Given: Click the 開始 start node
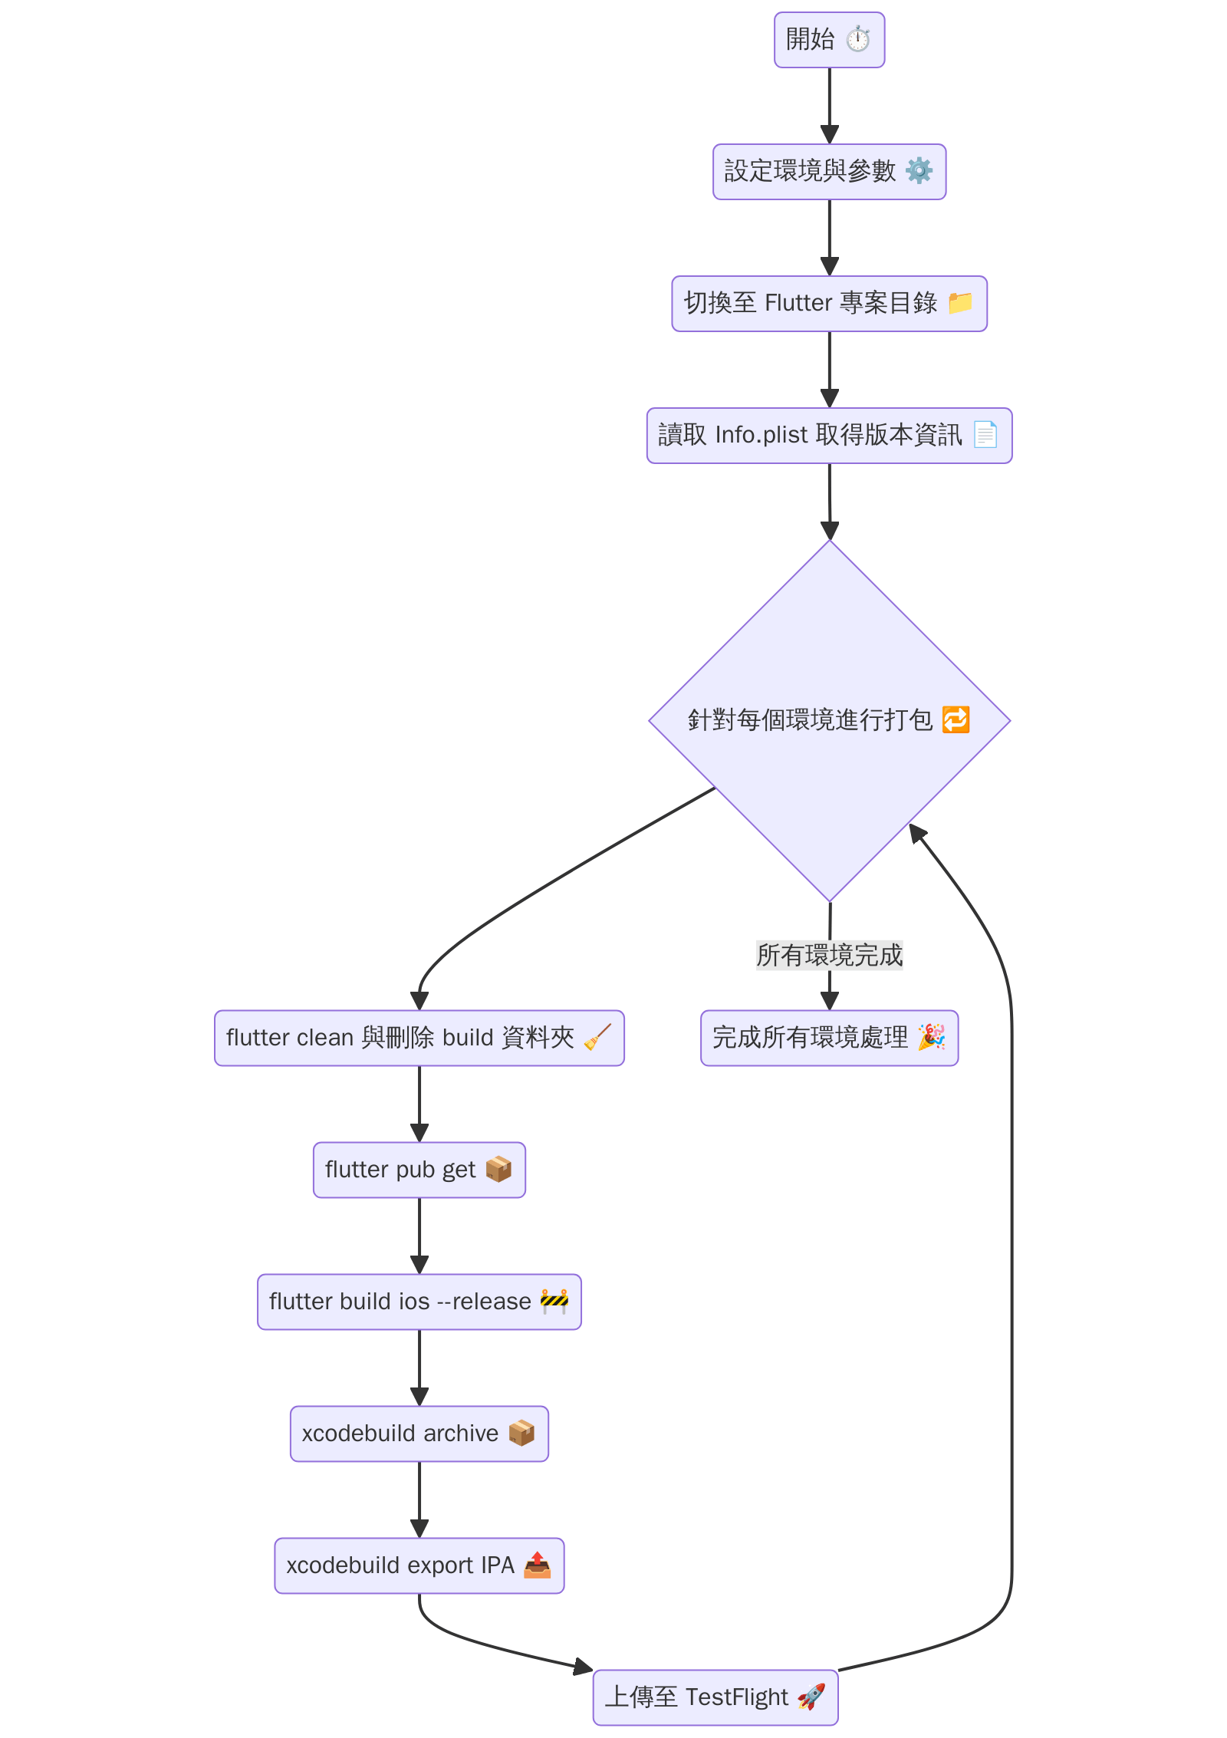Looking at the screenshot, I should [828, 40].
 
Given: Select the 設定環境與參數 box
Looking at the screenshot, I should [828, 172].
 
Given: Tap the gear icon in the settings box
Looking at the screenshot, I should [919, 170].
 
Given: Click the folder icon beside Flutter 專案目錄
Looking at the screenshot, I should [960, 303].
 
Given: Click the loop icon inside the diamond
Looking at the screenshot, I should [956, 720].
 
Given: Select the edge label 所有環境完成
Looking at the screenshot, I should [829, 956].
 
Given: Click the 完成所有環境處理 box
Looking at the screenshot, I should [828, 1039].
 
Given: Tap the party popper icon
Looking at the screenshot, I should [932, 1037].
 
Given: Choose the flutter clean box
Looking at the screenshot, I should [419, 1039].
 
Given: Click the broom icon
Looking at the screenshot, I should [597, 1037].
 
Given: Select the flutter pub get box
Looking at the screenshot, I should [419, 1170].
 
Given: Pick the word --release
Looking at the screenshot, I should [484, 1302].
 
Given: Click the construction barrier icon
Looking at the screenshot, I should [554, 1301].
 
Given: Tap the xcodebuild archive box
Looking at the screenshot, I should [419, 1434].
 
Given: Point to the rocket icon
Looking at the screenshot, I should [811, 1697].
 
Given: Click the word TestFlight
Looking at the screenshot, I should [736, 1697].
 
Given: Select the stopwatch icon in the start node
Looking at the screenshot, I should [858, 39].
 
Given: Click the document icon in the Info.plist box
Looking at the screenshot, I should [985, 435].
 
